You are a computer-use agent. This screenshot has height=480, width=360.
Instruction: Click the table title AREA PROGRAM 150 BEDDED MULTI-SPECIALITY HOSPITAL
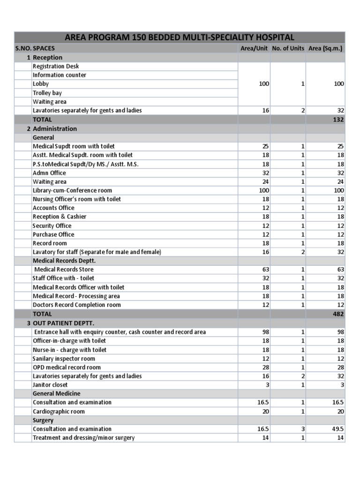180,37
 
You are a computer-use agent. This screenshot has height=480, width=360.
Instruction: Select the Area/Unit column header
254,48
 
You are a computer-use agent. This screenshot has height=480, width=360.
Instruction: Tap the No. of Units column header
287,48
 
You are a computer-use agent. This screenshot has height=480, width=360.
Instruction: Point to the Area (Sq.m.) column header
325,48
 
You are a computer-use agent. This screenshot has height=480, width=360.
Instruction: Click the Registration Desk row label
56,66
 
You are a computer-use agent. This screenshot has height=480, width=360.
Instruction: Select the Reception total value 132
338,120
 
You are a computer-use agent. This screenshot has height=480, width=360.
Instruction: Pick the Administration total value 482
338,314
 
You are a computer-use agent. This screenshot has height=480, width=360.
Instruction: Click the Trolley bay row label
47,93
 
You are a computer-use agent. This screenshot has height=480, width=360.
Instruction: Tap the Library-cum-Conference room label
72,190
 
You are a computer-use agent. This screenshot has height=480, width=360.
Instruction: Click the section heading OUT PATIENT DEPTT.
63,323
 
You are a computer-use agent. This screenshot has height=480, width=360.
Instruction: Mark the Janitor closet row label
50,385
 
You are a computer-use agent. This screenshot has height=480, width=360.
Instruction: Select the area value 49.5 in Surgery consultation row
337,429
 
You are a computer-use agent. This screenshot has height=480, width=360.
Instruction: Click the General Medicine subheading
56,394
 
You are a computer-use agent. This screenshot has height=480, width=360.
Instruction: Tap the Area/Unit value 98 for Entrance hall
265,332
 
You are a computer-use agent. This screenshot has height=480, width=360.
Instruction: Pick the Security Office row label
52,225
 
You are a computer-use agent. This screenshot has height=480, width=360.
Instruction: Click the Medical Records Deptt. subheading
64,261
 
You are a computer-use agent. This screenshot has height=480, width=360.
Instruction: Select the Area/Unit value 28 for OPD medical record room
265,367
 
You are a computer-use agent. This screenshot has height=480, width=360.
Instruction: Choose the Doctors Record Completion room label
76,305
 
